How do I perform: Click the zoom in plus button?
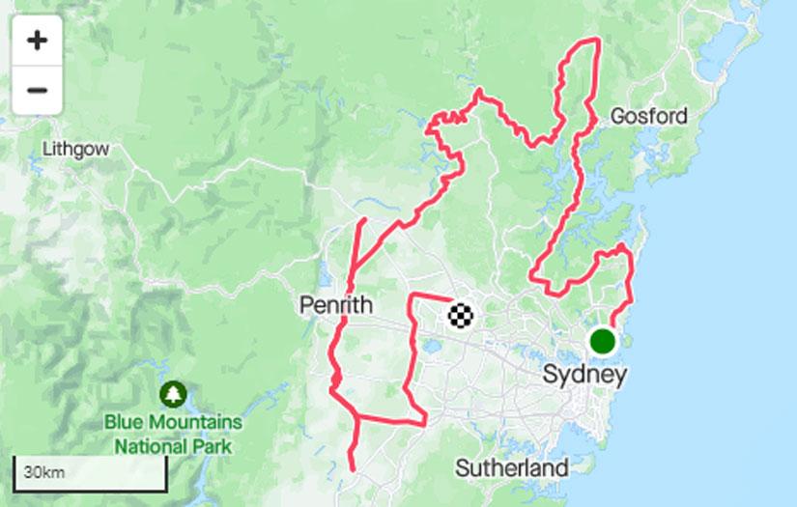37,41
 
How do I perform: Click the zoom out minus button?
37,91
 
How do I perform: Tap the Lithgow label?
75,150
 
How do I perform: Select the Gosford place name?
649,117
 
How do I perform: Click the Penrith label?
336,306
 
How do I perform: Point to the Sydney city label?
584,375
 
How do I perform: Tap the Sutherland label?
512,468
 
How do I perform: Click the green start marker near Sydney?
603,341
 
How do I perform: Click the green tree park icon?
174,394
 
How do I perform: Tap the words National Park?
174,446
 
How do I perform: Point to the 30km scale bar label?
44,473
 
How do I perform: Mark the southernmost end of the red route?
352,470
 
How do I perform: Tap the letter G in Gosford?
617,117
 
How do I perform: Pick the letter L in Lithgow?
47,150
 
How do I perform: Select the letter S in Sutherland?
462,468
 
